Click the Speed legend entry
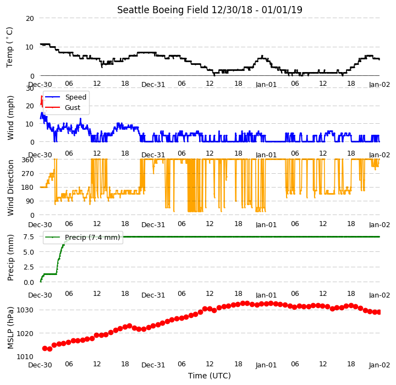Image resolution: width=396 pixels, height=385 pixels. click(66, 97)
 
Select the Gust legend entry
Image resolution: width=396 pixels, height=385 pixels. click(63, 108)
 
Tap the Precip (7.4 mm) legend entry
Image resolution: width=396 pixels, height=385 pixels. click(82, 238)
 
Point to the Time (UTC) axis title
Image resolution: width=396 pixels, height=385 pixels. click(210, 376)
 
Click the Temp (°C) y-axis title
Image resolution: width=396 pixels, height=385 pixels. click(9, 47)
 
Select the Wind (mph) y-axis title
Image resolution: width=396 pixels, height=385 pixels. click(10, 118)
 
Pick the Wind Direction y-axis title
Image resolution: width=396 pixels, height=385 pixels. click(10, 188)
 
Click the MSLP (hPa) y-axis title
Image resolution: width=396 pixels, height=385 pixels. click(10, 328)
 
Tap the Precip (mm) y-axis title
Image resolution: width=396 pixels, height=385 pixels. click(10, 257)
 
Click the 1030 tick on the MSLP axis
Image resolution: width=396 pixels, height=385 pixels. click(25, 310)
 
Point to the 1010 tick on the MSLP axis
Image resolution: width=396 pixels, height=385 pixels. click(25, 357)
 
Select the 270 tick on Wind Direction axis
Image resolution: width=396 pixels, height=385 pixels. click(28, 174)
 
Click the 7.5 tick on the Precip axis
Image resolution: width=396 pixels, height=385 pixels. click(29, 237)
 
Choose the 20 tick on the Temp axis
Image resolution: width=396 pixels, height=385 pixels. click(30, 18)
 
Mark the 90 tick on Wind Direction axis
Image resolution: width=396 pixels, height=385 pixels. click(30, 201)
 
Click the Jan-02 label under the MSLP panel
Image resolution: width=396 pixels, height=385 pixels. click(380, 365)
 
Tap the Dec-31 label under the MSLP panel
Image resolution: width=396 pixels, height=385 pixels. click(153, 365)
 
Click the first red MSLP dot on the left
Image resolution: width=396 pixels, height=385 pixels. click(45, 348)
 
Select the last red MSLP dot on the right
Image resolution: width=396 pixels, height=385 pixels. click(379, 312)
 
